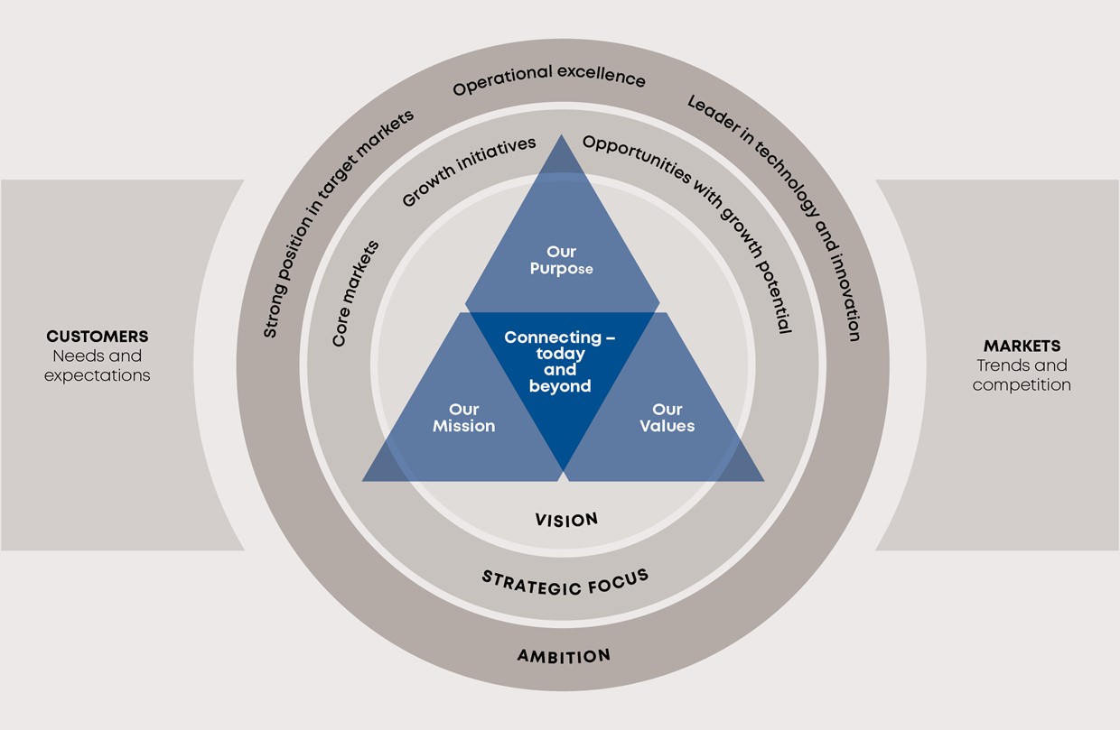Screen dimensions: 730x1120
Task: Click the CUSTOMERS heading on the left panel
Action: coord(97,337)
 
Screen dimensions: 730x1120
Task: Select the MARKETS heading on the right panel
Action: coord(1022,346)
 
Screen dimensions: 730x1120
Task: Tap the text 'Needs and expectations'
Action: coord(97,365)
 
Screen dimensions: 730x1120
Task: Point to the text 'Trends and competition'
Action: coord(1022,375)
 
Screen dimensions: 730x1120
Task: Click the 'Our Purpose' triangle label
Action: coord(561,260)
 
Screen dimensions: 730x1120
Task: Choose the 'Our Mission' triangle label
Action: coord(463,418)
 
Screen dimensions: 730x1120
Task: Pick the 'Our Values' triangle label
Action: coord(667,418)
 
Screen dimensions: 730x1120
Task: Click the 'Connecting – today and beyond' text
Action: coord(560,362)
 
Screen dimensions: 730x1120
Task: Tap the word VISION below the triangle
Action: coord(566,520)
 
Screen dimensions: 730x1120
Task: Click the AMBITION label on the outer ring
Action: coord(564,656)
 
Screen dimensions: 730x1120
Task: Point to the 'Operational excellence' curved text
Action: coord(549,79)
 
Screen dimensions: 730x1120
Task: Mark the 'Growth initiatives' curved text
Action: coord(469,172)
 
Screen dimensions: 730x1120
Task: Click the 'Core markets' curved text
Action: coord(355,293)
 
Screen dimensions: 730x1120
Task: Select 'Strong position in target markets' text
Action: coord(338,223)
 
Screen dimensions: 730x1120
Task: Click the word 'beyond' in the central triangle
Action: coord(561,386)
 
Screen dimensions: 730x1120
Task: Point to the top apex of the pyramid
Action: coord(562,138)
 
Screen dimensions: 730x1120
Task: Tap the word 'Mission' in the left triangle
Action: coord(463,426)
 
